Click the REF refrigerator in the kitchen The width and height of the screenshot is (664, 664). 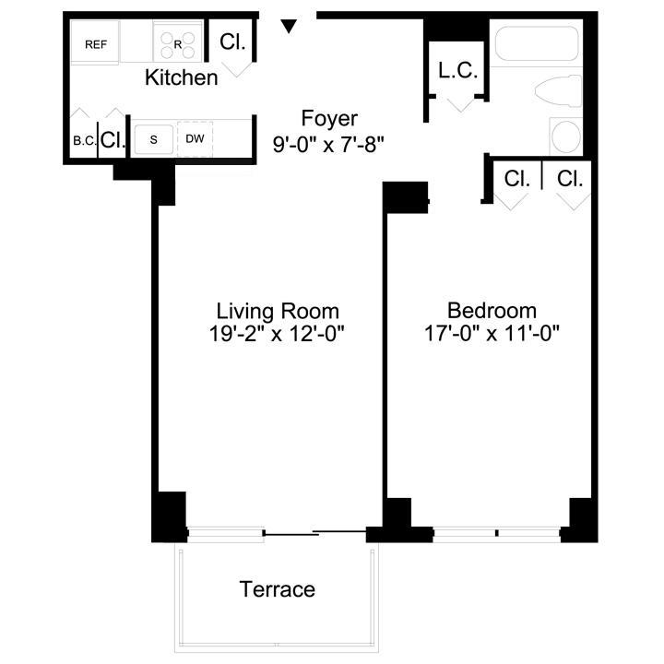[x=95, y=42]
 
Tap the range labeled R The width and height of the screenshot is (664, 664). [x=177, y=42]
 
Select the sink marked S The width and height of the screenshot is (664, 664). [x=154, y=139]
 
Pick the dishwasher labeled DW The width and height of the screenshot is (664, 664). [x=195, y=138]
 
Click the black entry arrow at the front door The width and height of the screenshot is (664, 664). [x=289, y=26]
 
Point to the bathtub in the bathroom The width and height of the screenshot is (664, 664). [x=536, y=43]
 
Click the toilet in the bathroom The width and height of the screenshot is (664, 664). [x=558, y=90]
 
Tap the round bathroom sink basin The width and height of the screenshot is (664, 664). [x=566, y=136]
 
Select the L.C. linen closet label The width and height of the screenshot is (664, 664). [x=458, y=70]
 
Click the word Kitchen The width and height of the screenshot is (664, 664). [x=182, y=77]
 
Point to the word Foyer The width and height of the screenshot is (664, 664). [x=329, y=118]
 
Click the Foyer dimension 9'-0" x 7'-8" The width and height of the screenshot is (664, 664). [x=328, y=145]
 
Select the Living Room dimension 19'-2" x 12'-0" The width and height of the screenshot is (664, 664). [x=277, y=333]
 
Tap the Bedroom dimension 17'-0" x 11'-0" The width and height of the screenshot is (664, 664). [x=492, y=333]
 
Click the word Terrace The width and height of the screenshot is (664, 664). [x=278, y=589]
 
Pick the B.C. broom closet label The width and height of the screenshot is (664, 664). [x=84, y=140]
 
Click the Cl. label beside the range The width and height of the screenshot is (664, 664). [x=232, y=41]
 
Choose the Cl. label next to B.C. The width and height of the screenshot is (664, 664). [x=113, y=139]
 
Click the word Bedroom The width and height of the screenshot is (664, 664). [x=492, y=311]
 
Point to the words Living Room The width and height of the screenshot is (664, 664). [x=278, y=312]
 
